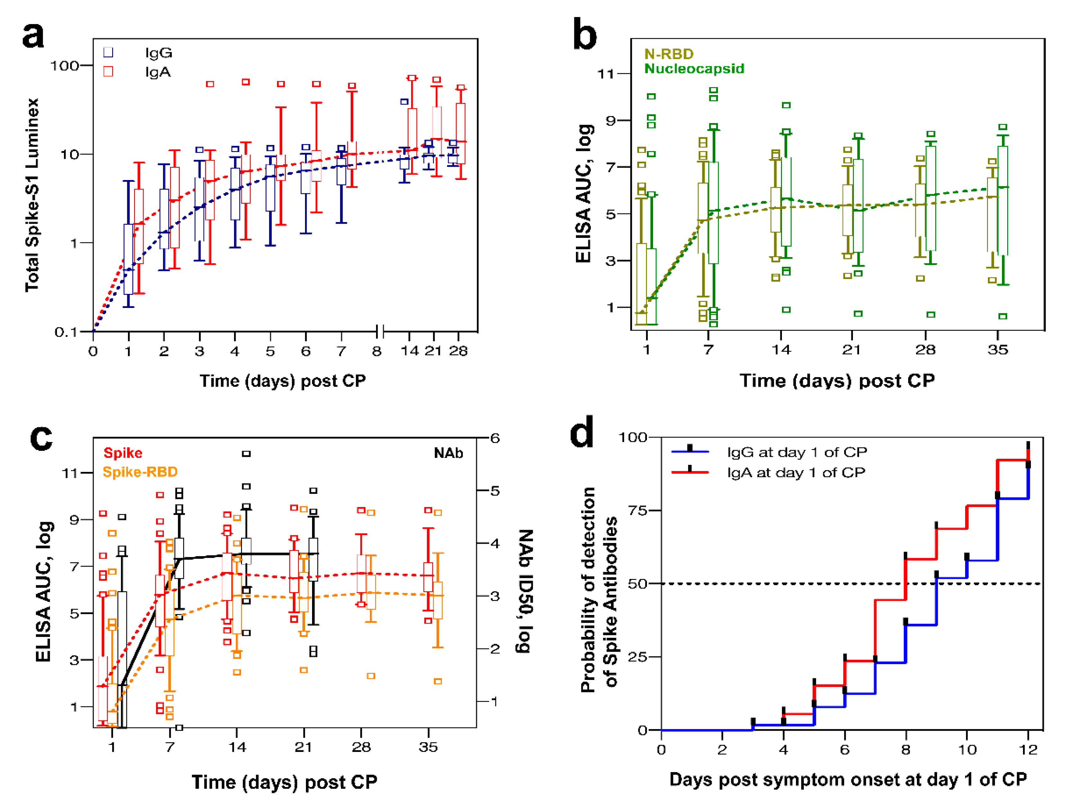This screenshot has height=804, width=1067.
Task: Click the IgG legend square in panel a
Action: tap(108, 52)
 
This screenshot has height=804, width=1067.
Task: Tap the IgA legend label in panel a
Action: tap(158, 72)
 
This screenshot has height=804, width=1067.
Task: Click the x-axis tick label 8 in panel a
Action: tap(377, 351)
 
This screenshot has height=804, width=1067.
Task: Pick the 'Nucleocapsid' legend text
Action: tap(694, 68)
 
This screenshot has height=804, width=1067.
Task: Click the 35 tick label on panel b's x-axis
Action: tap(998, 350)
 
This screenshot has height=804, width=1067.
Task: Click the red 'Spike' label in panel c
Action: tap(123, 453)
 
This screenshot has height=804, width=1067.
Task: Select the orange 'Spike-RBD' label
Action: tap(140, 472)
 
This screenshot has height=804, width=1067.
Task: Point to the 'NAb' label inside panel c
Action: tap(448, 453)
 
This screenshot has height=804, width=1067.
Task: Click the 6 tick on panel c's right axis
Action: tap(495, 438)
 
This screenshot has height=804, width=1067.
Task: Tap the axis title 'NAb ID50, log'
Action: tap(525, 591)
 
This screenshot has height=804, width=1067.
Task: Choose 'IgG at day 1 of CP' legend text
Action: tap(797, 452)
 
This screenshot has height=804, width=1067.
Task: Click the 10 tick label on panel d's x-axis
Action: tap(967, 749)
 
